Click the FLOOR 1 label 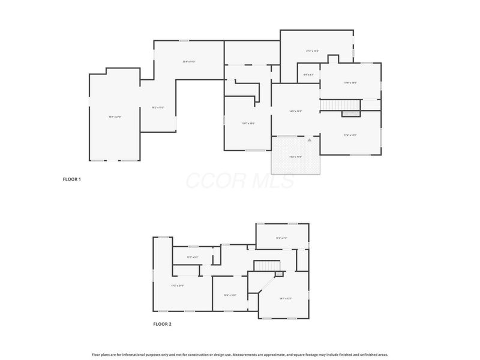[x=72, y=179]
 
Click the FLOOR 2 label [x=162, y=324]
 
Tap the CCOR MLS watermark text [x=240, y=181]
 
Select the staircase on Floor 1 [x=340, y=104]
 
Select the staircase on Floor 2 [x=268, y=266]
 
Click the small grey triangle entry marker [x=310, y=139]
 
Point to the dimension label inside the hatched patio [x=295, y=157]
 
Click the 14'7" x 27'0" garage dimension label [x=115, y=116]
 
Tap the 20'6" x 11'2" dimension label [x=190, y=62]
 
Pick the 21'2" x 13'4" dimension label [x=313, y=51]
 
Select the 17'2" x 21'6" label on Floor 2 [x=178, y=285]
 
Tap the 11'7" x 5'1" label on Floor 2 [x=193, y=257]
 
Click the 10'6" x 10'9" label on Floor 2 [x=230, y=295]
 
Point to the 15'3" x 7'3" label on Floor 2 [x=281, y=238]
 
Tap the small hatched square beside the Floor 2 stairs [x=278, y=274]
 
